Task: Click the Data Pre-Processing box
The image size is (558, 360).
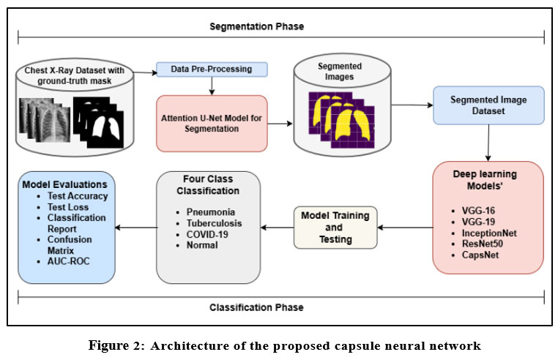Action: pyautogui.click(x=212, y=70)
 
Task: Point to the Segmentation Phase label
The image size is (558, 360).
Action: pyautogui.click(x=256, y=26)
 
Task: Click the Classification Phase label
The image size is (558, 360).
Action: pyautogui.click(x=256, y=307)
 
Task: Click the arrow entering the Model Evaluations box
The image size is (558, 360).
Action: pyautogui.click(x=136, y=227)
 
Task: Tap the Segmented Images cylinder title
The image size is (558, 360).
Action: pyautogui.click(x=338, y=71)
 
